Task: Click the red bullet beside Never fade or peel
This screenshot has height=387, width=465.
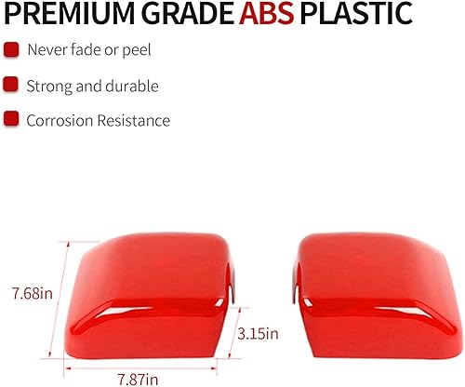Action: [x=11, y=49]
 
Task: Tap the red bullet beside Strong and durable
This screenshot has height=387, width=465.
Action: [x=11, y=85]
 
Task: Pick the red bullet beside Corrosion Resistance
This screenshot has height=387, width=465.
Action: [x=11, y=119]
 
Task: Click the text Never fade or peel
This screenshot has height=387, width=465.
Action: [x=88, y=49]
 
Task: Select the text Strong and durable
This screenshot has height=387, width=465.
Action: [x=92, y=85]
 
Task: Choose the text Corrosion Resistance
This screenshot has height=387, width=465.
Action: [x=98, y=119]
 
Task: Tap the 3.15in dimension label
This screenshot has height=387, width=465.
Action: [x=258, y=332]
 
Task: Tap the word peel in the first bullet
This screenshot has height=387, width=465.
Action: [x=136, y=49]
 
